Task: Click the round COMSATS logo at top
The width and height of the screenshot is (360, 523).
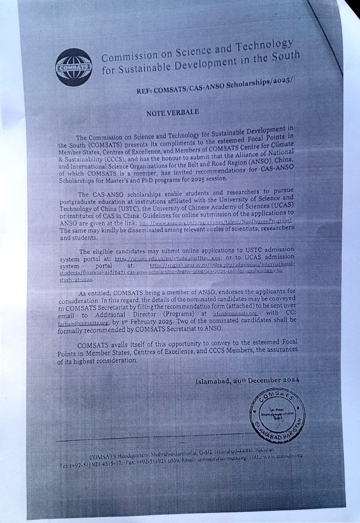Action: click(74, 67)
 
